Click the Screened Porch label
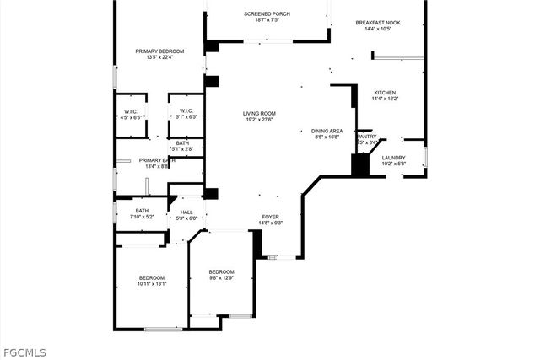pyautogui.click(x=267, y=14)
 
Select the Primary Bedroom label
pyautogui.click(x=159, y=51)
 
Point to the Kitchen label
pyautogui.click(x=384, y=93)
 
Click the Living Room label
pyautogui.click(x=260, y=113)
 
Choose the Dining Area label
pyautogui.click(x=327, y=131)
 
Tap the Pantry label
pyautogui.click(x=367, y=136)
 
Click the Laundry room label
pyautogui.click(x=393, y=158)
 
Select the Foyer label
pyautogui.click(x=270, y=216)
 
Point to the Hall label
pyautogui.click(x=186, y=212)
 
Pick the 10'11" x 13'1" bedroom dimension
pyautogui.click(x=152, y=284)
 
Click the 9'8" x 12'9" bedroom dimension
pyautogui.click(x=222, y=277)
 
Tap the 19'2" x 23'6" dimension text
pyautogui.click(x=260, y=120)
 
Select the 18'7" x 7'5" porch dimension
pyautogui.click(x=267, y=20)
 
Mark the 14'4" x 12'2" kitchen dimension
pyautogui.click(x=384, y=99)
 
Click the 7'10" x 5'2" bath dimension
pyautogui.click(x=142, y=218)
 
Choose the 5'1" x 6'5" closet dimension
pyautogui.click(x=186, y=117)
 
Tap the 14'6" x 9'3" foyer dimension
pyautogui.click(x=270, y=223)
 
